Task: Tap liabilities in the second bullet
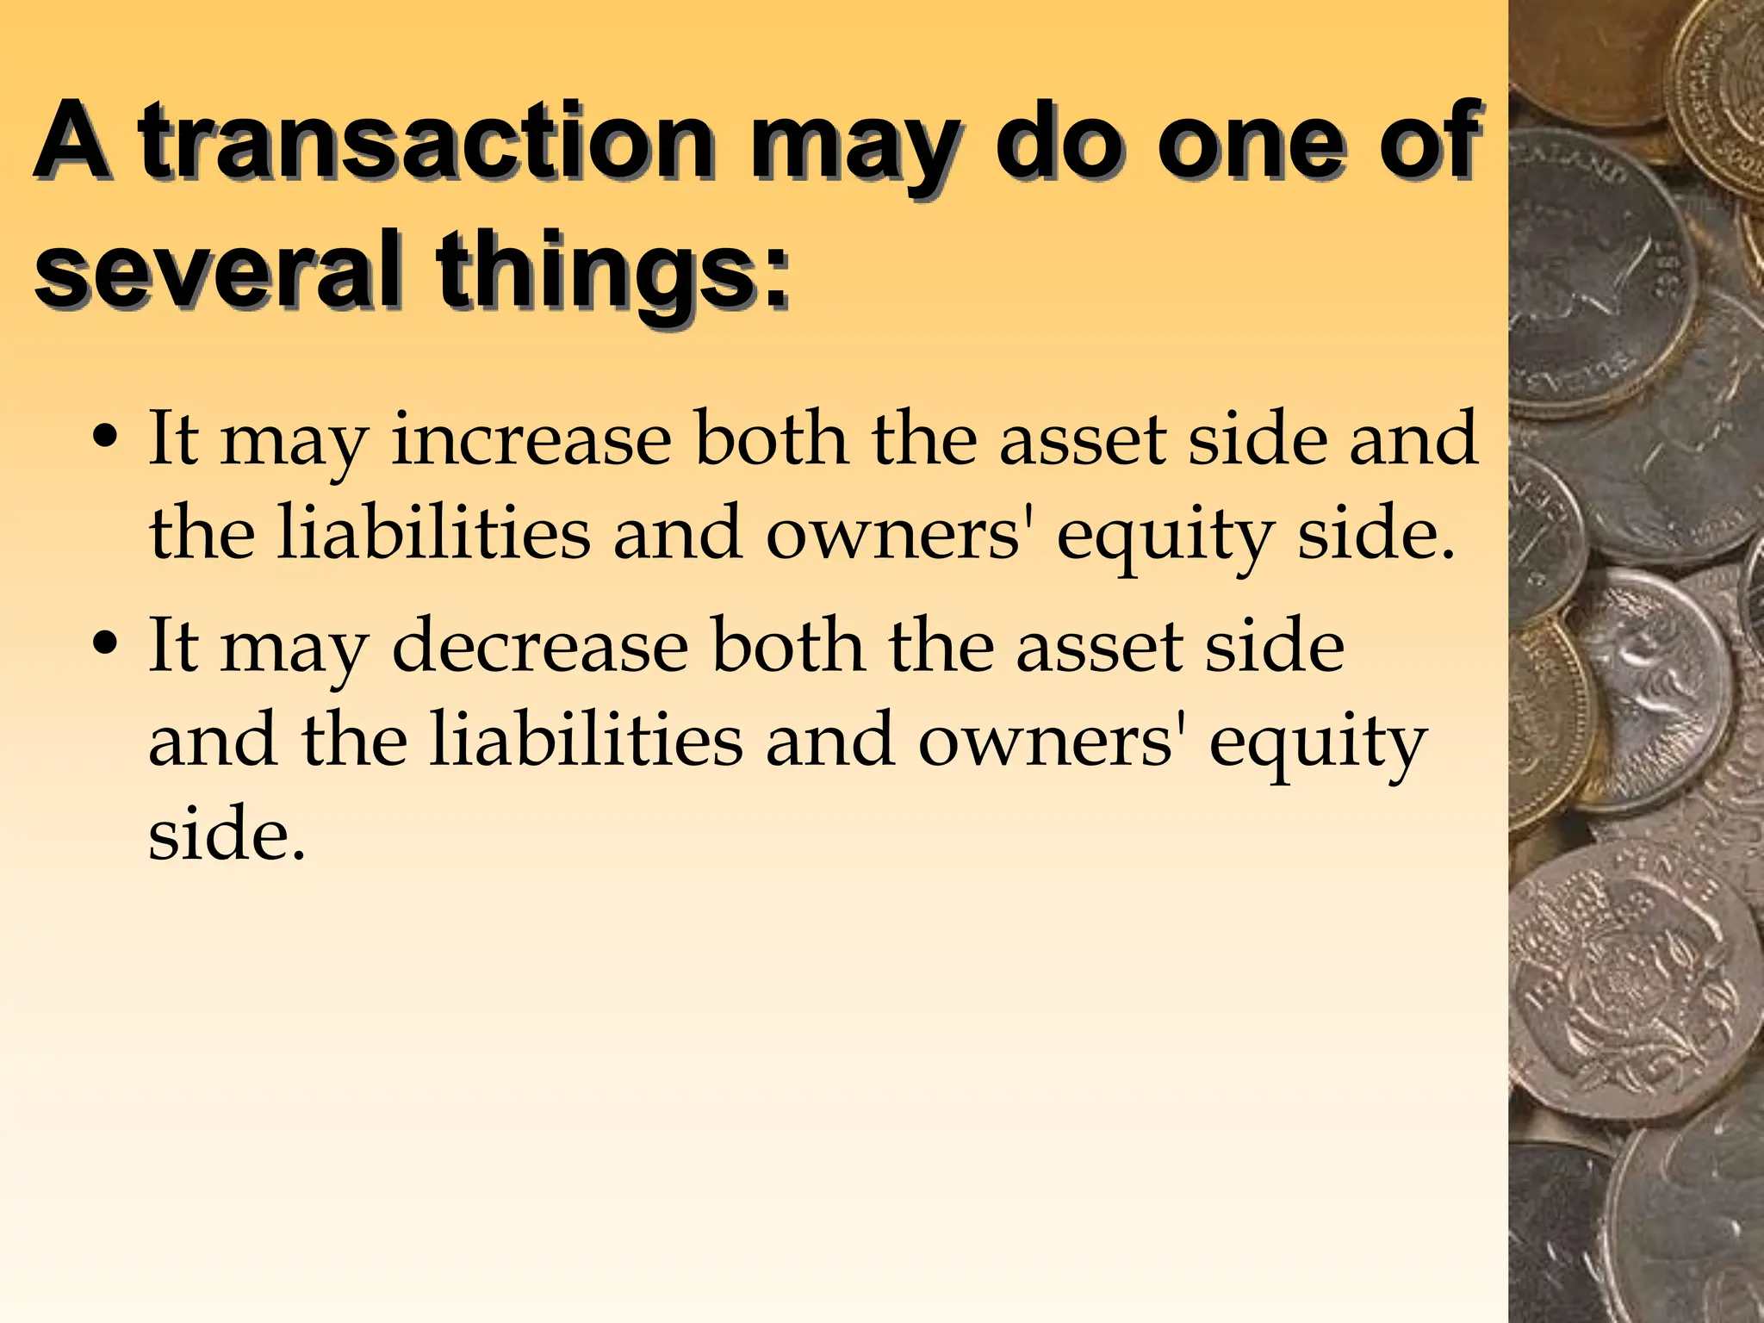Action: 586,741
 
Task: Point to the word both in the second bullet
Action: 789,646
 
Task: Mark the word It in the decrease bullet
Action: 175,646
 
